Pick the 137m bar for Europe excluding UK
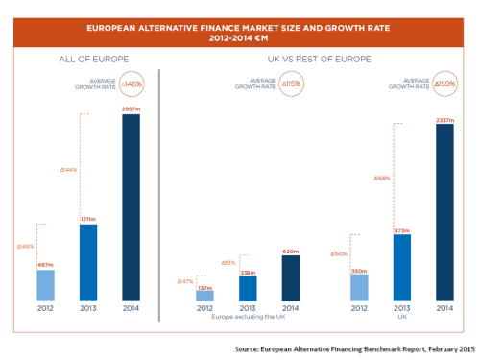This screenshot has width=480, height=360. point(204,295)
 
